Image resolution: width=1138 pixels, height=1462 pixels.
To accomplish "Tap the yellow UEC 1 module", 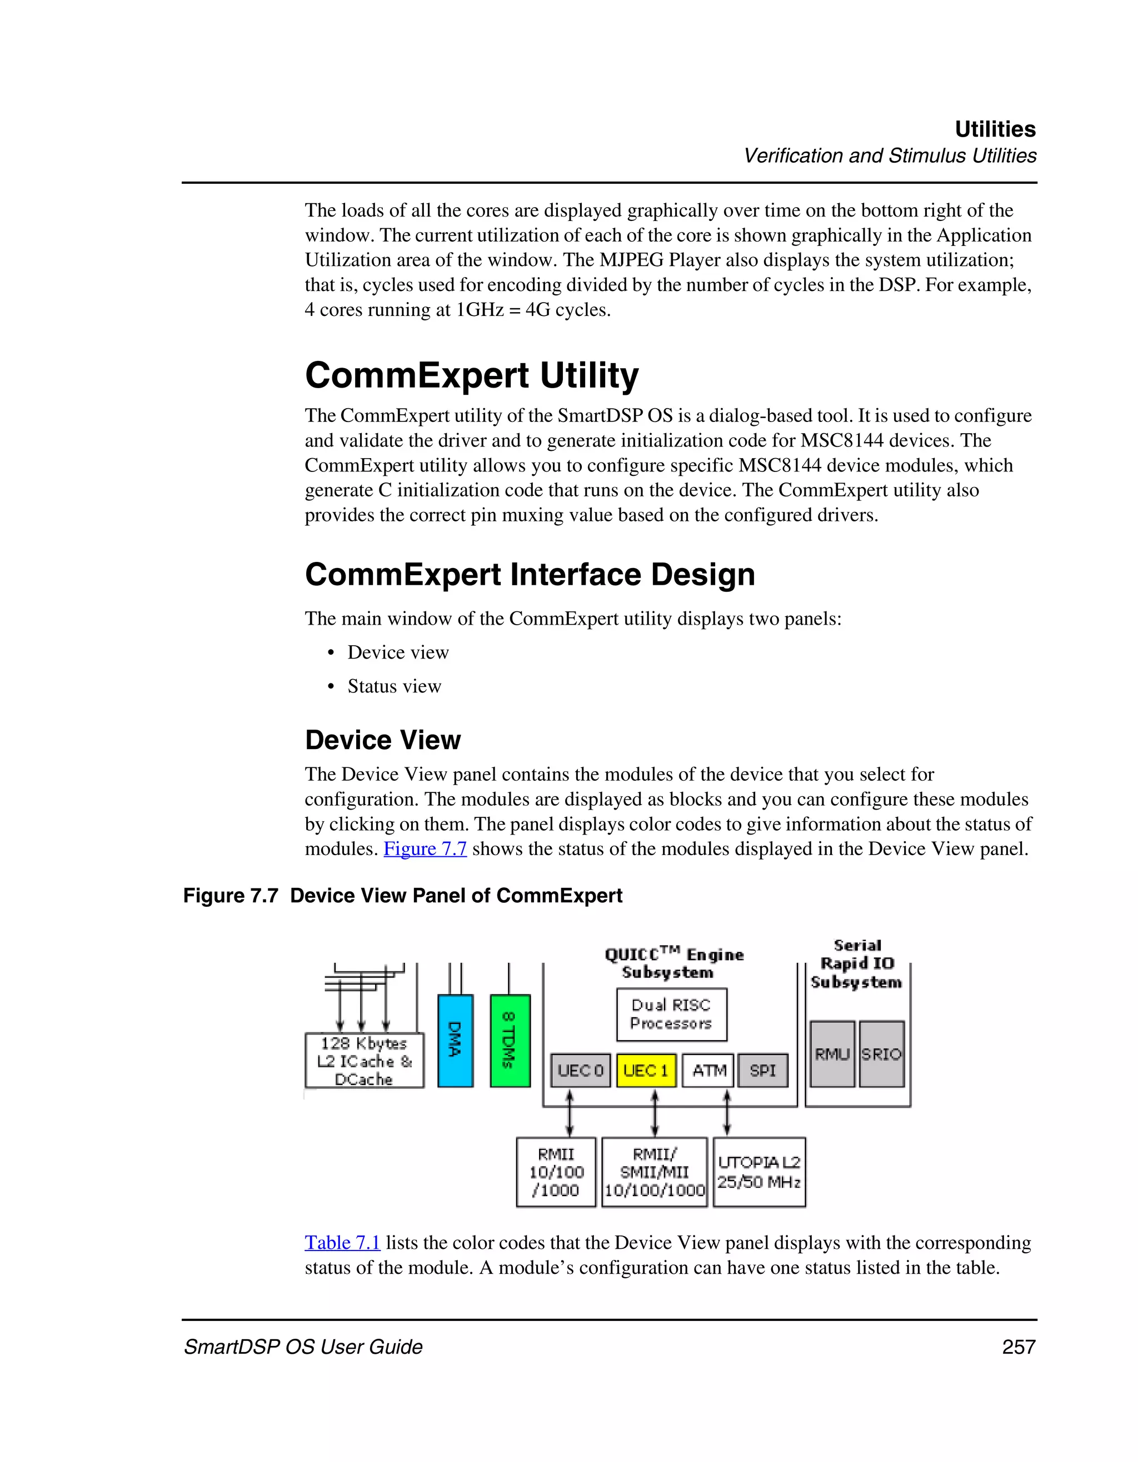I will tap(646, 1071).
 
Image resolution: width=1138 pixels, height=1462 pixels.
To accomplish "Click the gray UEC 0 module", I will tap(580, 1071).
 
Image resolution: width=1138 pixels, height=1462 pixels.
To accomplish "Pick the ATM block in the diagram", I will tap(708, 1071).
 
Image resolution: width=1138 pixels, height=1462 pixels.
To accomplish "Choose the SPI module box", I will tap(762, 1071).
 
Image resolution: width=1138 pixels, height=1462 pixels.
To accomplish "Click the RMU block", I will tap(832, 1054).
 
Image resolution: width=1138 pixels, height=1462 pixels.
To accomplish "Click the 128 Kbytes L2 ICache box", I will tap(364, 1061).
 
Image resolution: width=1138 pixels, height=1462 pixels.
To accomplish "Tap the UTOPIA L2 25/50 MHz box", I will tap(759, 1172).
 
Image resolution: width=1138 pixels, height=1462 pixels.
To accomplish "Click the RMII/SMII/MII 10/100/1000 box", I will tap(655, 1172).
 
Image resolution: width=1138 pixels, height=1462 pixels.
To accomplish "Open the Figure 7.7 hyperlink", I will tap(425, 849).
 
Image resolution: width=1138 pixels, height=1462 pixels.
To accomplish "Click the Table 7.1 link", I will tap(342, 1243).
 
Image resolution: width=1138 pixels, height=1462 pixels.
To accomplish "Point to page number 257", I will tap(1019, 1347).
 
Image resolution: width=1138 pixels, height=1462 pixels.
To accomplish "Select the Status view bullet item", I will tap(394, 686).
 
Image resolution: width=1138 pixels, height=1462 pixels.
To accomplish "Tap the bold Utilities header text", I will tap(995, 129).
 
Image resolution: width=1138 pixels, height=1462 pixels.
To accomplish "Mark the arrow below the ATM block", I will tap(727, 1113).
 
